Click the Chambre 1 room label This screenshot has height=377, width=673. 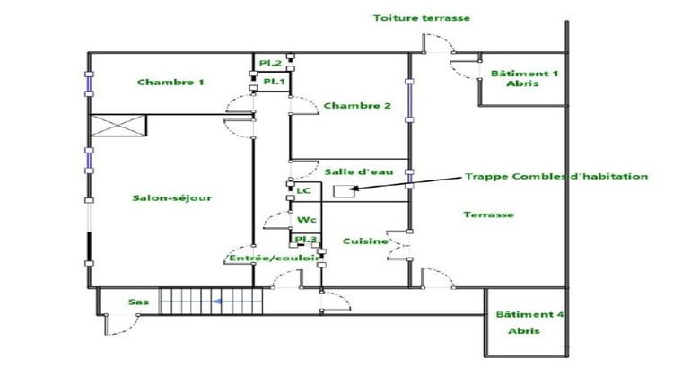pyautogui.click(x=170, y=83)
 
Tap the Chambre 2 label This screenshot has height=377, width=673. pyautogui.click(x=357, y=106)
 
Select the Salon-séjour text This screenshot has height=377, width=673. pyautogui.click(x=172, y=198)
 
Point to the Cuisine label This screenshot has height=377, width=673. pyautogui.click(x=365, y=241)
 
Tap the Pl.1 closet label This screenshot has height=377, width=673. pyautogui.click(x=273, y=82)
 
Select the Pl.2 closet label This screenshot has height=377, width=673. pyautogui.click(x=271, y=63)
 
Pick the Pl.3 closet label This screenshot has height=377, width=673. pyautogui.click(x=305, y=240)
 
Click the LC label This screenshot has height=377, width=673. pyautogui.click(x=303, y=191)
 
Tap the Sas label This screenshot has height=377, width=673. pyautogui.click(x=138, y=302)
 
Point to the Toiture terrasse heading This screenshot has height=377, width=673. pyautogui.click(x=422, y=18)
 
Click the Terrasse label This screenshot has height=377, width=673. pyautogui.click(x=489, y=215)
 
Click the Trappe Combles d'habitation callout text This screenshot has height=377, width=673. pyautogui.click(x=555, y=177)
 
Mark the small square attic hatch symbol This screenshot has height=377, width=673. pyautogui.click(x=341, y=190)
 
